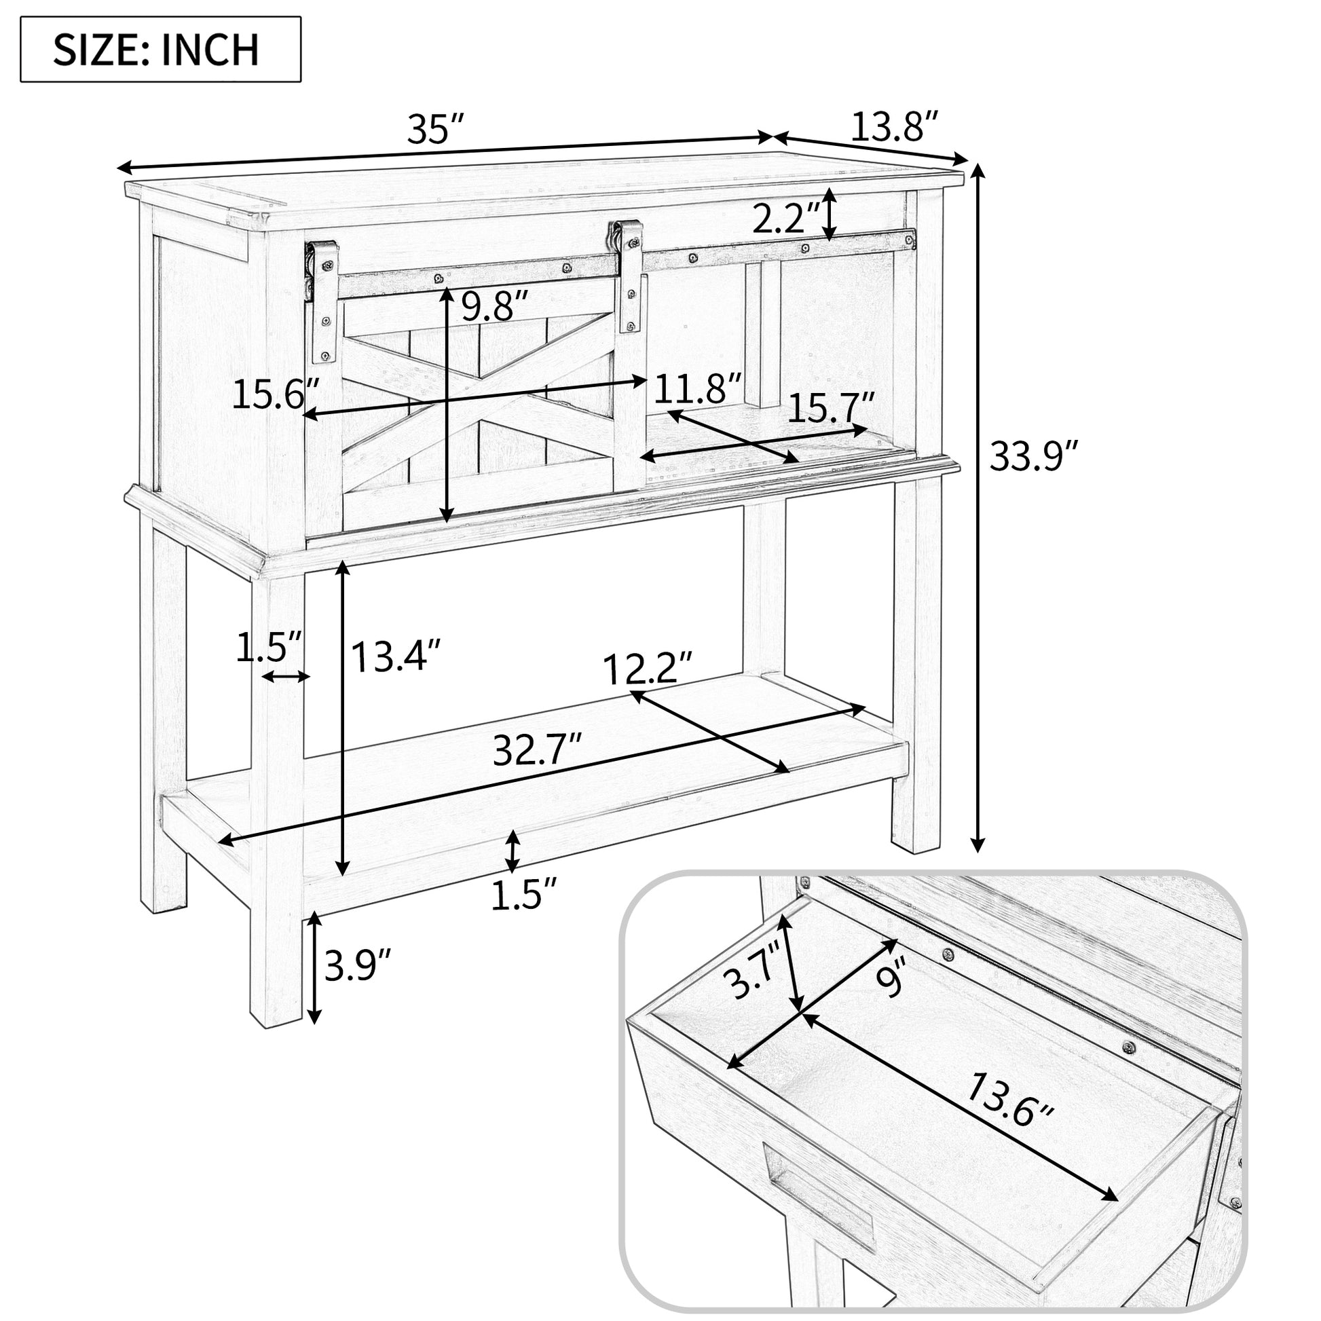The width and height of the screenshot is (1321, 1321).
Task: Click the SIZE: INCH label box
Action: (x=161, y=50)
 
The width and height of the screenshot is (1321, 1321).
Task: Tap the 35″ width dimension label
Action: (x=436, y=129)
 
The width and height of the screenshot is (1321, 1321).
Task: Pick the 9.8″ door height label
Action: (x=495, y=305)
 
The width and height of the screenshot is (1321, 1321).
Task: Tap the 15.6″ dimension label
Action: (x=277, y=394)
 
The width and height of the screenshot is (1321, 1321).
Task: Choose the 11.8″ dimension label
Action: (x=697, y=389)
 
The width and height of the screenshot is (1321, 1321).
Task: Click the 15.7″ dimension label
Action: (x=830, y=409)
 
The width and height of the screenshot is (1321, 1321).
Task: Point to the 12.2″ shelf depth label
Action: (x=648, y=668)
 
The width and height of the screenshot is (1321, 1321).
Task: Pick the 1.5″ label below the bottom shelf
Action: (x=525, y=895)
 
